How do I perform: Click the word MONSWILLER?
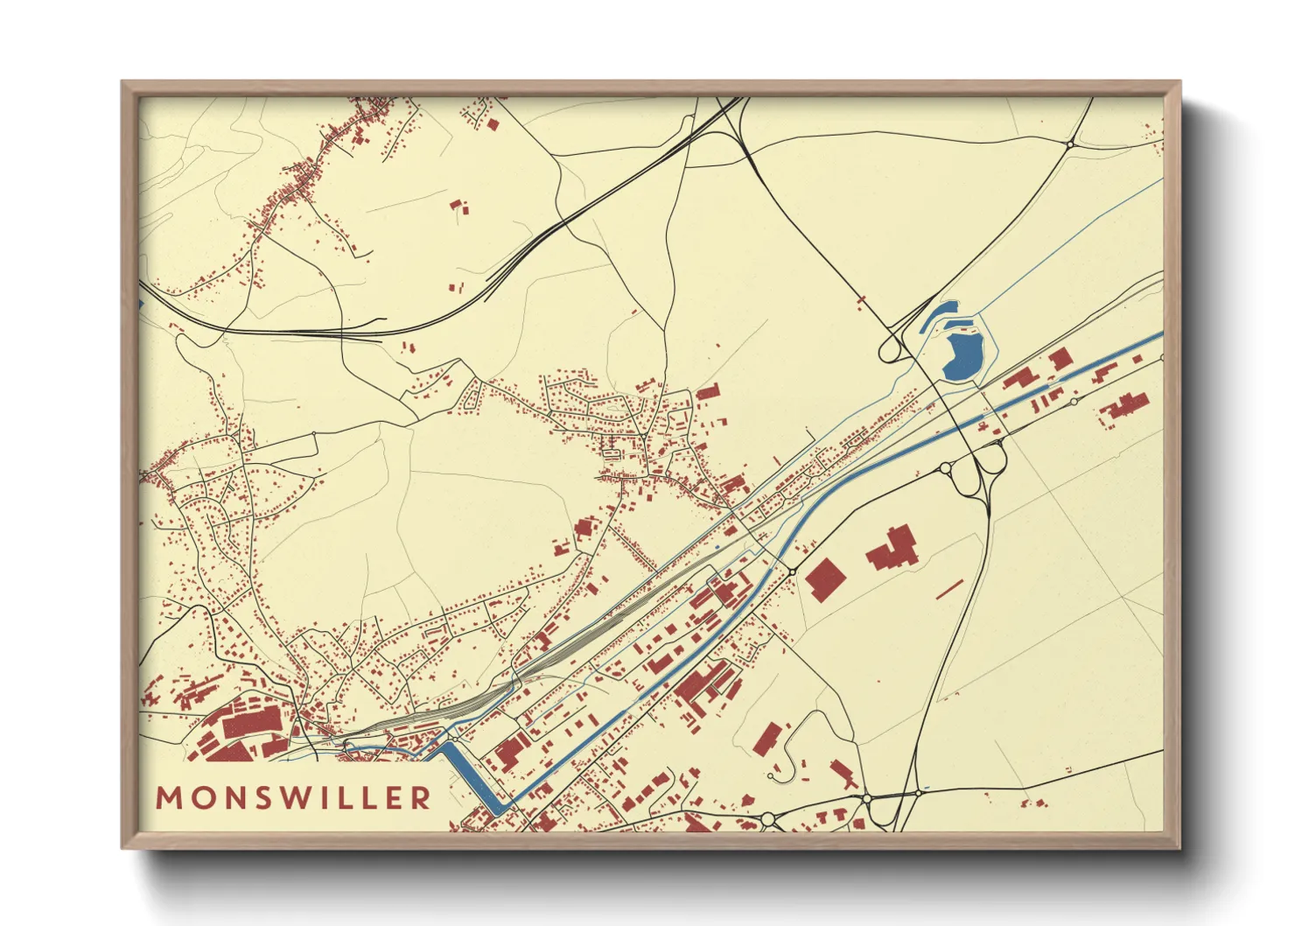tap(293, 797)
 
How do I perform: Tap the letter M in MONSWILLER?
tap(167, 797)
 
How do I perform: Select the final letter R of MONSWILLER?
tap(422, 797)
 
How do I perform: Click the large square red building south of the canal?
tap(824, 579)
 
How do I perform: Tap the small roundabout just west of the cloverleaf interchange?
tap(945, 469)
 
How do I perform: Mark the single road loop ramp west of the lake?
tap(892, 351)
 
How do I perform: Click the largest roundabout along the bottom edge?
tap(768, 818)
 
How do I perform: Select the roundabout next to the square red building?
tap(792, 572)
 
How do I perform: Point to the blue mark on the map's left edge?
tap(142, 303)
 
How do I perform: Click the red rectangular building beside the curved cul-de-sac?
tap(766, 738)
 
